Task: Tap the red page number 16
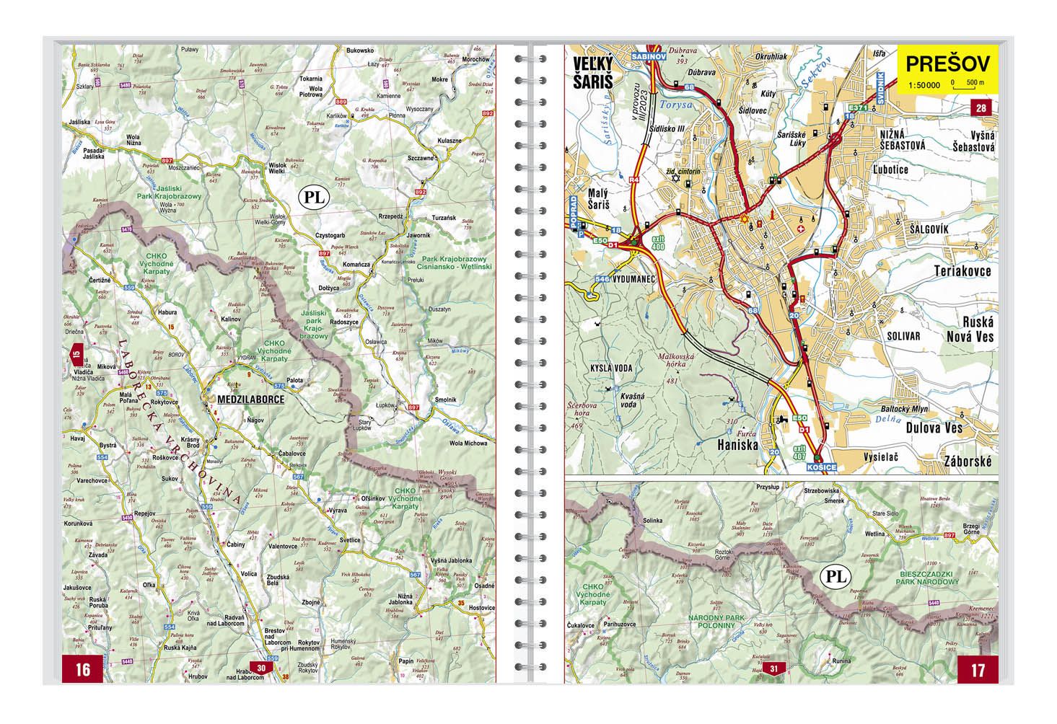tap(82, 669)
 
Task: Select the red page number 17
tap(977, 670)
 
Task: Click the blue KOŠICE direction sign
tap(823, 467)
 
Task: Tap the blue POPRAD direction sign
tap(574, 211)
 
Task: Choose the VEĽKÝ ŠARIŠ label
tap(592, 73)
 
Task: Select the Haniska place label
tap(737, 446)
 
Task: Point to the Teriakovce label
tap(963, 271)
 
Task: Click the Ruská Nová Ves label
tap(970, 330)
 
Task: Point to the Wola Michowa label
tap(468, 442)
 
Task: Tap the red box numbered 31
tap(773, 668)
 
